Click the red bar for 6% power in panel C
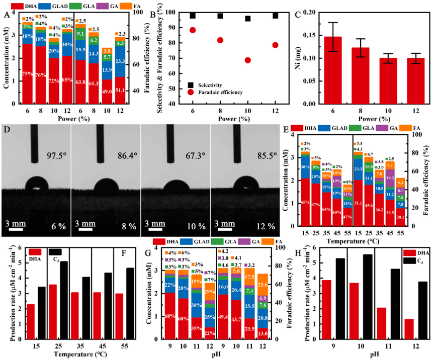click(x=336, y=70)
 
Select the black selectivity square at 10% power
click(x=247, y=19)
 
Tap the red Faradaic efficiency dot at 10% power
click(x=247, y=60)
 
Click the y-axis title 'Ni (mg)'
click(x=292, y=57)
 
